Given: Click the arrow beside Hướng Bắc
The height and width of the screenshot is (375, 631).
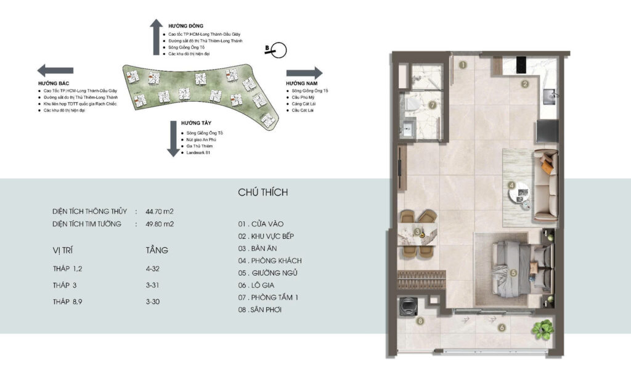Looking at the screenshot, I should pos(51,70).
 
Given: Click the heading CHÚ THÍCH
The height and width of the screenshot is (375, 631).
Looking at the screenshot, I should pos(263,192).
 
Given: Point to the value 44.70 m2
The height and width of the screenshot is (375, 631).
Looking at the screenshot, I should pos(160,212).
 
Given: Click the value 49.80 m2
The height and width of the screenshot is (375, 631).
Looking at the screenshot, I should pos(160,224).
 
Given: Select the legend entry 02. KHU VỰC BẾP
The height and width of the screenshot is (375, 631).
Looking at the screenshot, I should pos(270,236).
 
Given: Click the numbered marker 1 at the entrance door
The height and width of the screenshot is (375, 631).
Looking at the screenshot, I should pos(463,64).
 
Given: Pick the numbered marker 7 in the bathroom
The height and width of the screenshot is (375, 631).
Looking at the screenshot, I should pos(432,104).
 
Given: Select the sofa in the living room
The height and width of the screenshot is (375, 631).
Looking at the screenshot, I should pos(545,186).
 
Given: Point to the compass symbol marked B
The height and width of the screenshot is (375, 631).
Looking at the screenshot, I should pos(279,50).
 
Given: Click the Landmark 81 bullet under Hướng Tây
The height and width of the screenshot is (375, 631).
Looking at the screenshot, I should pos(197,152).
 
